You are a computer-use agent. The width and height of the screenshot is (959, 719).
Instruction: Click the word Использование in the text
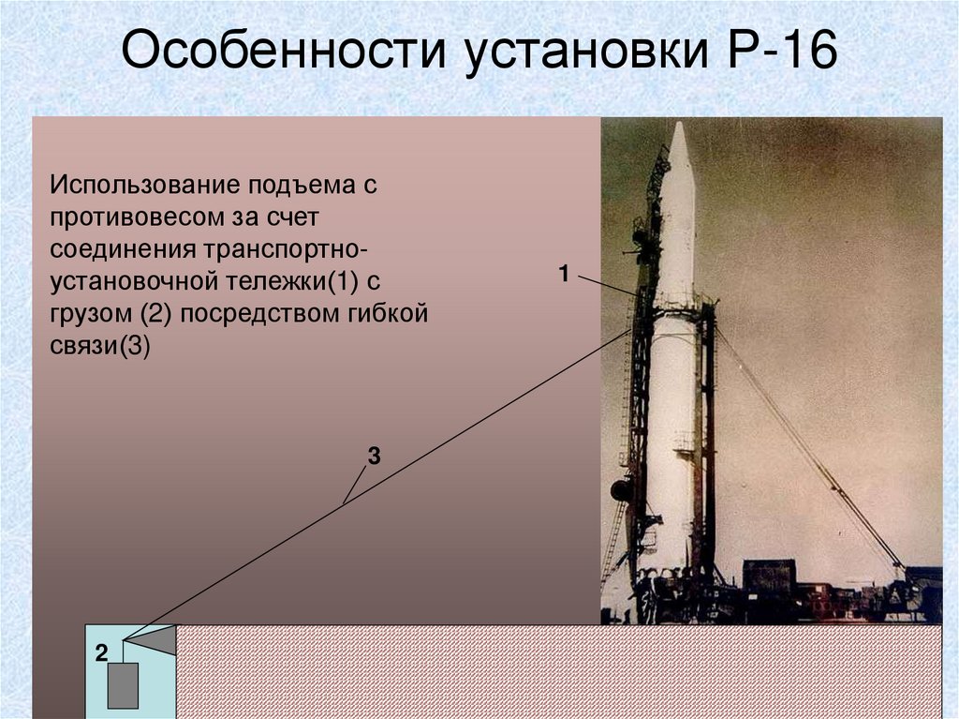(x=146, y=184)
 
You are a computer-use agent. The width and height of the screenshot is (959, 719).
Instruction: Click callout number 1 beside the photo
(x=564, y=274)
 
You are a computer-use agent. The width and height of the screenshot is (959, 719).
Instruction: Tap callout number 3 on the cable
(x=374, y=457)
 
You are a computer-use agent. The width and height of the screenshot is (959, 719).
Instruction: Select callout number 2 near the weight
(x=100, y=652)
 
